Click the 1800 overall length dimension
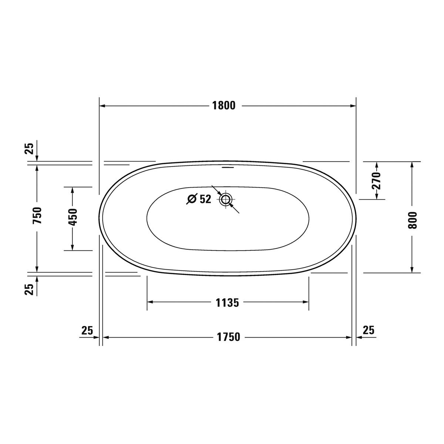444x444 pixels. tap(224, 106)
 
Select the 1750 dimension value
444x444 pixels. tap(228, 337)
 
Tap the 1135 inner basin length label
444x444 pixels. tap(227, 303)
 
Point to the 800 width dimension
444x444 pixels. tap(412, 220)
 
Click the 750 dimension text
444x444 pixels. tap(37, 216)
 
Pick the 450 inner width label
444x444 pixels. tap(73, 217)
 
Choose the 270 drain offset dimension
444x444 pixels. tap(376, 181)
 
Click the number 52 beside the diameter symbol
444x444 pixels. tap(205, 199)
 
